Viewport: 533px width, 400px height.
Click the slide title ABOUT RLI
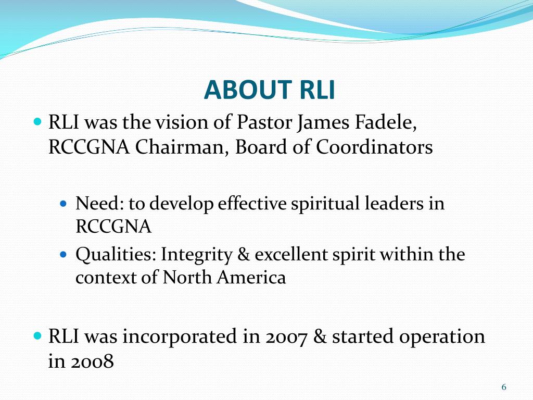[269, 90]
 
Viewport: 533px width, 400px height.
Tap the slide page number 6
[503, 387]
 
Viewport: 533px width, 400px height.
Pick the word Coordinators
[374, 147]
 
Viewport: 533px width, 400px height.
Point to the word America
[257, 278]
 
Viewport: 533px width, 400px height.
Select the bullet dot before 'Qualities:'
[65, 255]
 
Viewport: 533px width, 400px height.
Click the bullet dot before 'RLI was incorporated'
[37, 336]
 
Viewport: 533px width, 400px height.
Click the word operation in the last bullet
[442, 337]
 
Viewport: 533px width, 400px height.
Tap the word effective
[252, 203]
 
